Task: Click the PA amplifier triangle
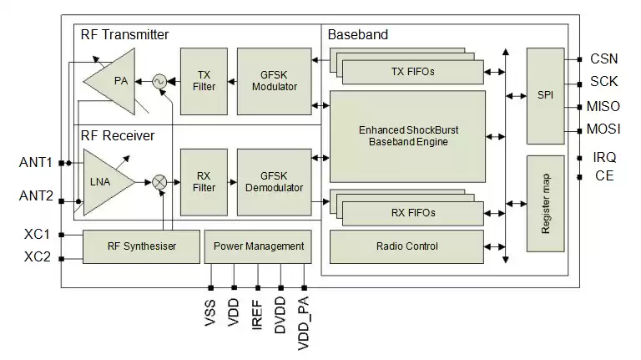[x=116, y=81]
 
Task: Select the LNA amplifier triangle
[x=105, y=181]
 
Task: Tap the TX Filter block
[x=203, y=81]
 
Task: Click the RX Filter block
[x=203, y=181]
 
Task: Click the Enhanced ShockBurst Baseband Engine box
[x=408, y=136]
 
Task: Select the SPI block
[x=546, y=95]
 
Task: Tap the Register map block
[x=546, y=203]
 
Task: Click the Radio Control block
[x=407, y=246]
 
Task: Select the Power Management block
[x=259, y=246]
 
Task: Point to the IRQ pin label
[x=603, y=157]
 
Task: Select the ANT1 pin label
[x=37, y=161]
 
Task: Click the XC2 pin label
[x=38, y=257]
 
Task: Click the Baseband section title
[x=357, y=35]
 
